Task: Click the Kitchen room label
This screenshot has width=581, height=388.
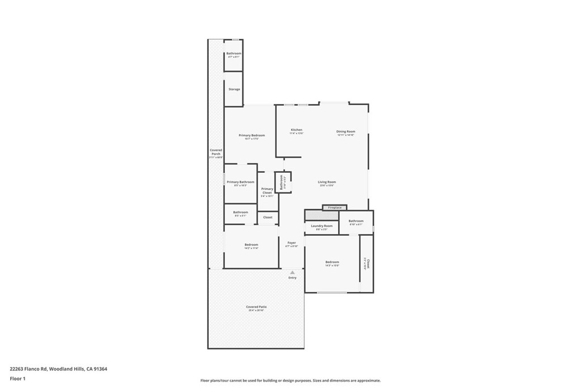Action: click(297, 130)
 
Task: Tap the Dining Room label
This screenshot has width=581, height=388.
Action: click(346, 132)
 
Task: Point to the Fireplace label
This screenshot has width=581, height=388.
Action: click(335, 207)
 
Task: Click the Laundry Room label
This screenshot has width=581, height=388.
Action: click(322, 226)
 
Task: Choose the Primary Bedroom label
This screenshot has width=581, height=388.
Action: click(251, 135)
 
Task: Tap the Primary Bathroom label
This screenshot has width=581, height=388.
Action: click(240, 182)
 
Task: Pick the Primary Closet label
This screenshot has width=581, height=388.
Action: click(267, 191)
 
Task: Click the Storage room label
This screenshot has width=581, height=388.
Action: click(234, 89)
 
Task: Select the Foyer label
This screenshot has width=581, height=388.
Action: click(292, 243)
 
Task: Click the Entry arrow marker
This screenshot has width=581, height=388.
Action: click(292, 273)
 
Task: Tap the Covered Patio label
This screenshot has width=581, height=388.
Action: click(256, 307)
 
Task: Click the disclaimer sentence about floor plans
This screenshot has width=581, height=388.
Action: click(290, 381)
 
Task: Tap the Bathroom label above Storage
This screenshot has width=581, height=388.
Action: click(234, 54)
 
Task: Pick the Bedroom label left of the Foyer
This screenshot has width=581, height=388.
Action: click(251, 245)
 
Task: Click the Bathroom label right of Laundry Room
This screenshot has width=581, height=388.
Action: click(356, 221)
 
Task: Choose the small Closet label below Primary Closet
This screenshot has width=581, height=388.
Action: click(268, 217)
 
